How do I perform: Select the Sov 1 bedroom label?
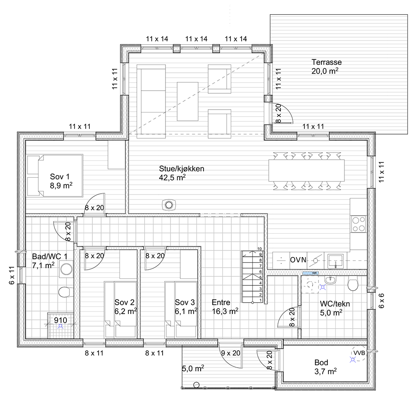click(59, 176)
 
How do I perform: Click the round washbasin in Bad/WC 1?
click(66, 269)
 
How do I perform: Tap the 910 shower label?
click(61, 321)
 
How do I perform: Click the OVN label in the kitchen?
click(298, 260)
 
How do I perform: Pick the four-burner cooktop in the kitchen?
click(358, 224)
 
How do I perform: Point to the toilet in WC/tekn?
click(353, 285)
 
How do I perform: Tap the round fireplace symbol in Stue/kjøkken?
click(169, 205)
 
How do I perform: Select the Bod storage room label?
click(321, 363)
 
